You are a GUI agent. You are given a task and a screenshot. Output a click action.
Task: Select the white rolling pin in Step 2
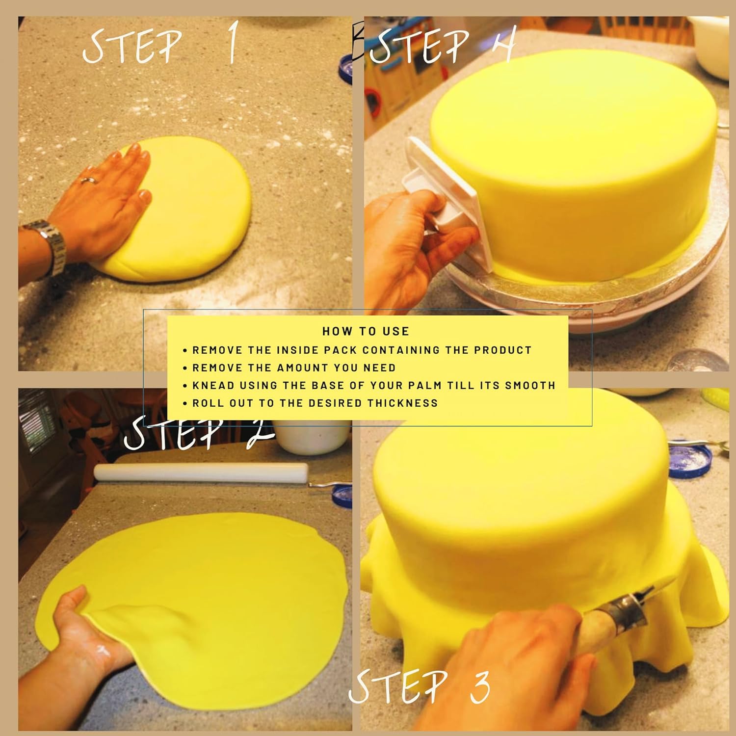pyautogui.click(x=201, y=472)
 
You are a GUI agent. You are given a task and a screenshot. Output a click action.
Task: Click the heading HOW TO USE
pyautogui.click(x=366, y=331)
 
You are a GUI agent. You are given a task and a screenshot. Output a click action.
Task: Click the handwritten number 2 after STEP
pyautogui.click(x=258, y=435)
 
